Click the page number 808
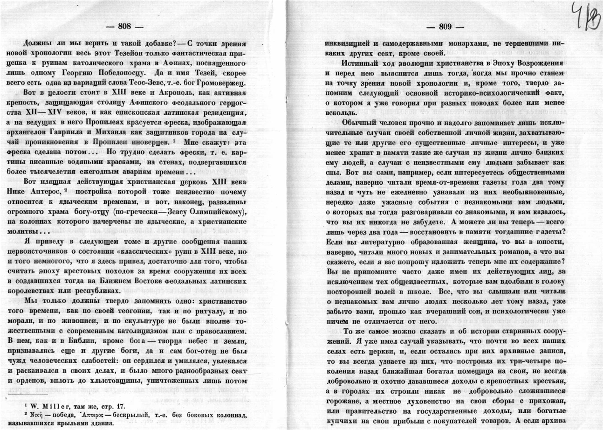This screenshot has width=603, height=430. (x=125, y=27)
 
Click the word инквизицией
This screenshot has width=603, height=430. (x=349, y=42)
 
